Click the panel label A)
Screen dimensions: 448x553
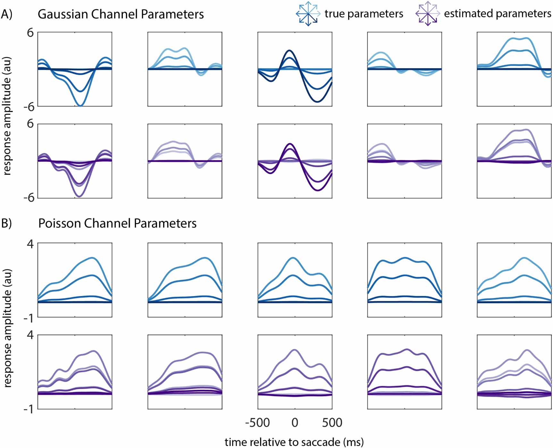pyautogui.click(x=7, y=14)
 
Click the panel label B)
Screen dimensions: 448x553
pyautogui.click(x=7, y=223)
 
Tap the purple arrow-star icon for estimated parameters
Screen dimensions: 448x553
pyautogui.click(x=427, y=14)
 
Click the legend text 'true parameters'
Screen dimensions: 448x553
pyautogui.click(x=364, y=14)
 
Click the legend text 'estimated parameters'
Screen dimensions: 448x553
pyautogui.click(x=497, y=14)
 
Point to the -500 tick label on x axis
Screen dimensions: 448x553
pyautogui.click(x=257, y=423)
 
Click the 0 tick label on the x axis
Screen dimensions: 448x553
pyautogui.click(x=295, y=423)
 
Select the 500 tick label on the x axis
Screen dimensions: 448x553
pyautogui.click(x=332, y=423)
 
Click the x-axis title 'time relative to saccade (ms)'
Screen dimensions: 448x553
pyautogui.click(x=294, y=442)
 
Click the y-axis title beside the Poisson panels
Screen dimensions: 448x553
pyautogui.click(x=7, y=328)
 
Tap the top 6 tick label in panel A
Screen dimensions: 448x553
pyautogui.click(x=30, y=32)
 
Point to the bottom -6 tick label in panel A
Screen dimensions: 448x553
pyautogui.click(x=29, y=197)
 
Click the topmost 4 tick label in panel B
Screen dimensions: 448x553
pyautogui.click(x=30, y=244)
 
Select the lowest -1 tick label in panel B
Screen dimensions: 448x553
pyautogui.click(x=29, y=409)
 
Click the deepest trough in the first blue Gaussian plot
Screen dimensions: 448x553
pyautogui.click(x=80, y=105)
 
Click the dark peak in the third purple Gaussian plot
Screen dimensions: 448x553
pyautogui.click(x=290, y=144)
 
